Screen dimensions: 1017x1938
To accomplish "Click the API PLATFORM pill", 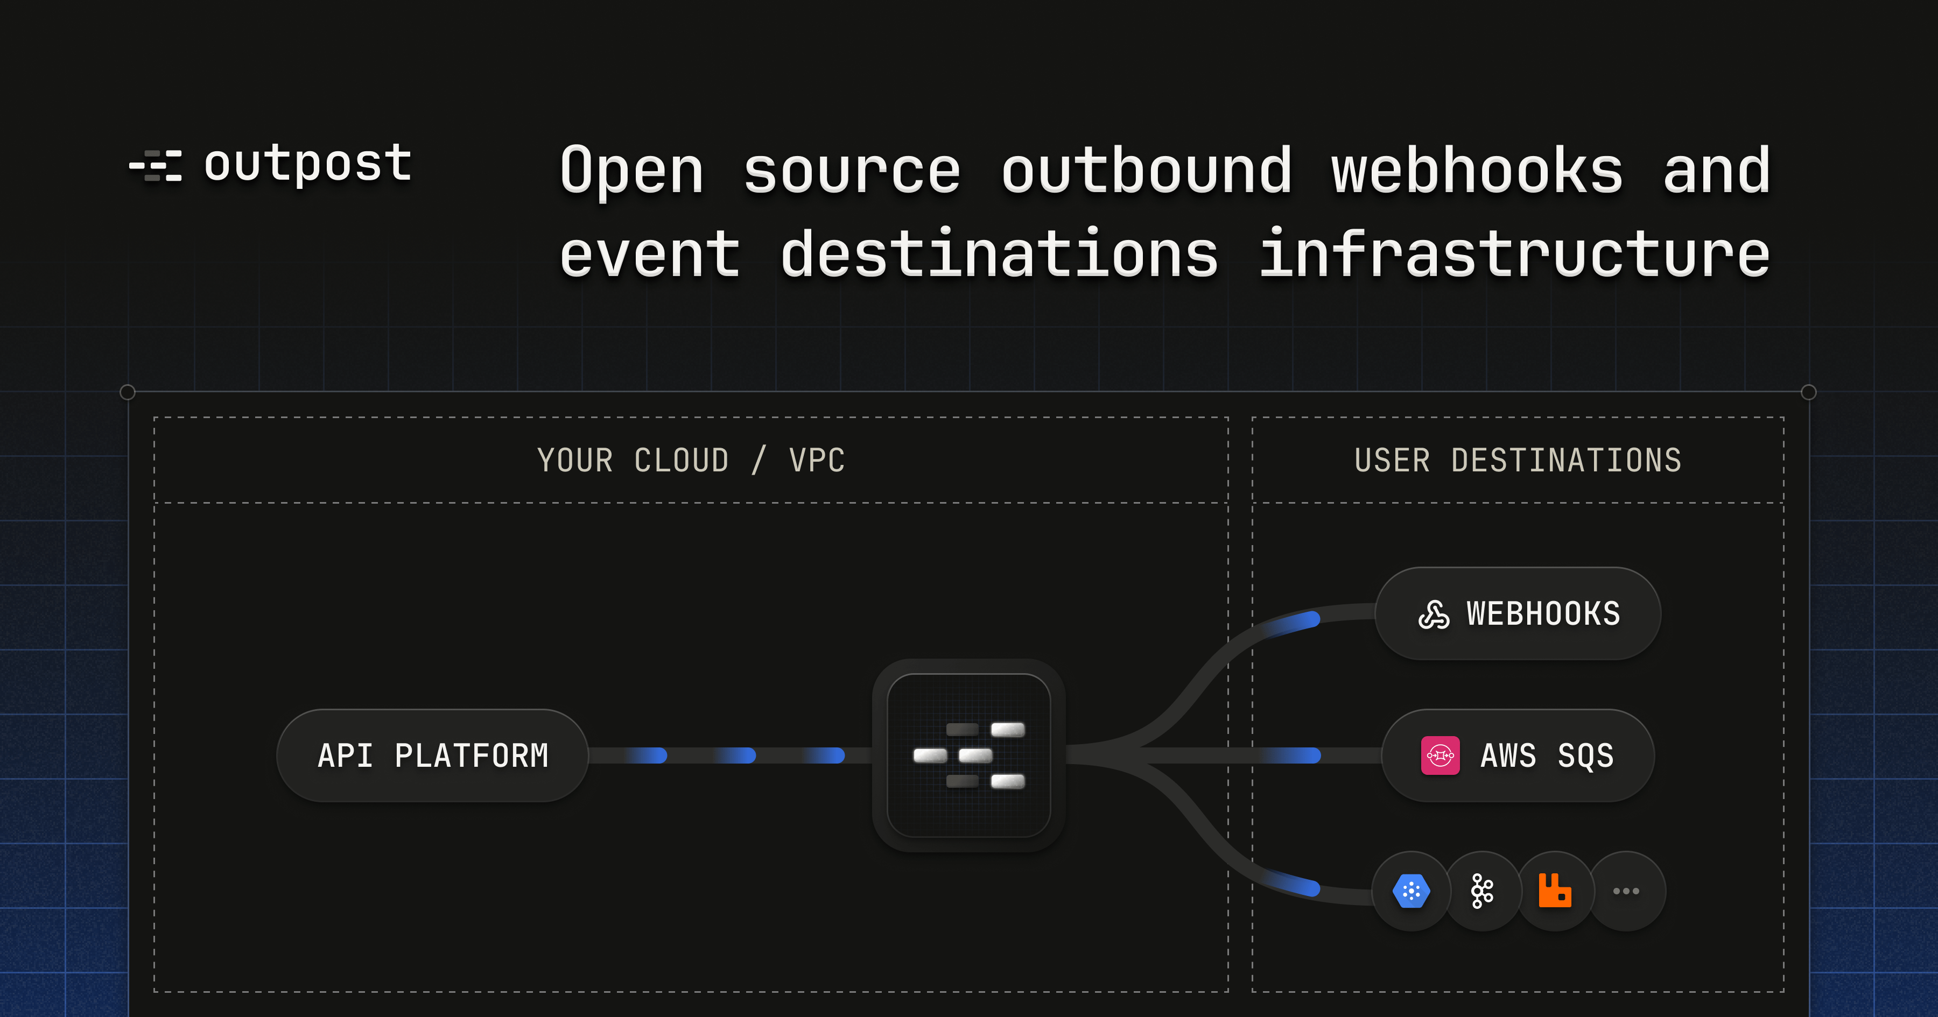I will click(x=433, y=755).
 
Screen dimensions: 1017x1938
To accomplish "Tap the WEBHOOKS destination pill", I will click(x=1518, y=614).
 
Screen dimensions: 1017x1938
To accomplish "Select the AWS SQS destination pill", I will click(x=1518, y=755).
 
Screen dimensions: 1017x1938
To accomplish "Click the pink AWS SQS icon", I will click(x=1440, y=755).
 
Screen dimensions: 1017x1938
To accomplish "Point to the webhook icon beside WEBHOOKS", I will click(x=1434, y=615).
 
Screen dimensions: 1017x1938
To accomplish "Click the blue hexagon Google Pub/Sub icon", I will click(x=1410, y=892).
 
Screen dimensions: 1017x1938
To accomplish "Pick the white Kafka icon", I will click(x=1482, y=892).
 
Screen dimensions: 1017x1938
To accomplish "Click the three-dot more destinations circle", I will click(x=1626, y=892).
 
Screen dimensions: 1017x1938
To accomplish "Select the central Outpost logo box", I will click(x=969, y=755).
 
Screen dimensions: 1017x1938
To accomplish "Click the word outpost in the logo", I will click(x=308, y=164).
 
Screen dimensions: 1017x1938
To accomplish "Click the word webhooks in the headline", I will click(x=1477, y=171).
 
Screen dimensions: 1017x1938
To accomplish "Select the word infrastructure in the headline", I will click(x=1514, y=254).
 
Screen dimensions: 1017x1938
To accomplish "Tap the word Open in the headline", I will click(x=632, y=171).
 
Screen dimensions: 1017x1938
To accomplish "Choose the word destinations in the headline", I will click(x=999, y=254).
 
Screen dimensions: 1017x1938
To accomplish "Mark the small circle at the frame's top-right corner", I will click(x=1809, y=392).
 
